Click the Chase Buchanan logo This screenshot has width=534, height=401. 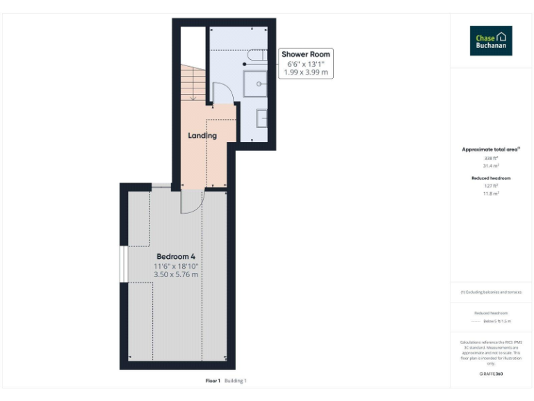(x=490, y=41)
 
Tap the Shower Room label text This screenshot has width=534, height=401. (x=306, y=54)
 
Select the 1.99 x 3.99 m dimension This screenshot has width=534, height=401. (x=306, y=72)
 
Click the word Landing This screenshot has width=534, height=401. (x=202, y=135)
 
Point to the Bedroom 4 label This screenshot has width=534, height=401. (x=175, y=257)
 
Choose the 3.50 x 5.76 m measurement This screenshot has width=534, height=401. (x=176, y=274)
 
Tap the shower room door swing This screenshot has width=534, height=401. (x=221, y=93)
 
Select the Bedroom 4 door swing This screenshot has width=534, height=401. (x=191, y=202)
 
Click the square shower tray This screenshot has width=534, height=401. (x=255, y=84)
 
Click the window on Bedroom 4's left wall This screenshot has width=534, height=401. (x=123, y=265)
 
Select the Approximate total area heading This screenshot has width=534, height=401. (x=491, y=150)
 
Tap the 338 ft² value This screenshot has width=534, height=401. (x=491, y=159)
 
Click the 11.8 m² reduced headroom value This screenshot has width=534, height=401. (x=491, y=194)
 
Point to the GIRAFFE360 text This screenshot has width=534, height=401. (x=491, y=374)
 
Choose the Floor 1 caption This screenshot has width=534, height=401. (x=213, y=381)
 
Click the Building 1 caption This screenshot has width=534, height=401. (x=235, y=381)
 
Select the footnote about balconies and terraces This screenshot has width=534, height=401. (x=491, y=292)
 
